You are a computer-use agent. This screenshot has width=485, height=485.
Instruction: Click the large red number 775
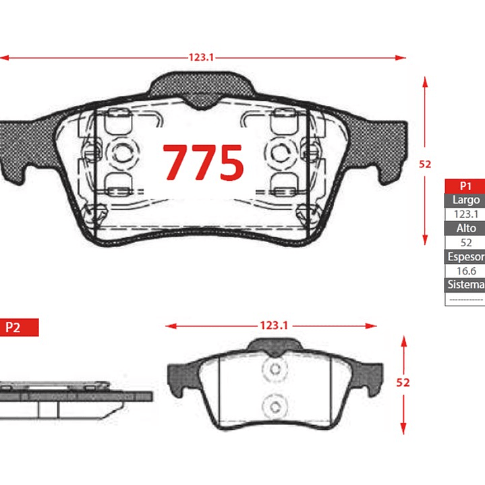203,162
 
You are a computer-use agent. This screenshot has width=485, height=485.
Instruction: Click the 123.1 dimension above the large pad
202,57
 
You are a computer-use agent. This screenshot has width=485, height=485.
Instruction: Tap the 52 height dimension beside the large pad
425,164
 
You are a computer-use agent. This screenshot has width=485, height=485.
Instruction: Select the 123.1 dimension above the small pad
274,325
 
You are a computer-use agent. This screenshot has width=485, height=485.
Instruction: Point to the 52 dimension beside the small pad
403,382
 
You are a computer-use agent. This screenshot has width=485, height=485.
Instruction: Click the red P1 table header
465,186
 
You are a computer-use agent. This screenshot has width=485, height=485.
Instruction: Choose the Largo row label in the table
466,200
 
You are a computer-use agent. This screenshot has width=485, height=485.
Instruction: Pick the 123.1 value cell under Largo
466,214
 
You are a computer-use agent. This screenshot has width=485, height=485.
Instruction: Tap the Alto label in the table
466,228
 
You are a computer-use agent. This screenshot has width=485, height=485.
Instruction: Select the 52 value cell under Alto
466,243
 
